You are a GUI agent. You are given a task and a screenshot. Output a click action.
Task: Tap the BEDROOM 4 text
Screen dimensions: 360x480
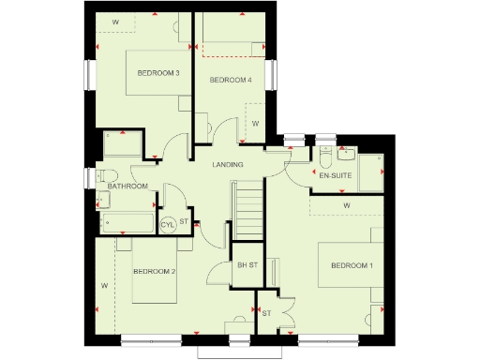(230, 81)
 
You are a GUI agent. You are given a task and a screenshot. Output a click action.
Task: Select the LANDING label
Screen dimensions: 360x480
(228, 165)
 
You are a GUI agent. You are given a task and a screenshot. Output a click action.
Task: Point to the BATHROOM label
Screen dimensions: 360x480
(127, 187)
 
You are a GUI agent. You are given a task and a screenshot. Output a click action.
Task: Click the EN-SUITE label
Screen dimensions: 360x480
(334, 175)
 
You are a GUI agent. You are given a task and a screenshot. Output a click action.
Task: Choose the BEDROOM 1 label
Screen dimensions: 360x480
(352, 267)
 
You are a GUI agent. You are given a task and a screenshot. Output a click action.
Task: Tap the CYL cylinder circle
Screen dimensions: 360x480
(168, 224)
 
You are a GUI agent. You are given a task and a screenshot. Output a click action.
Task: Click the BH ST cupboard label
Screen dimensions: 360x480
(247, 265)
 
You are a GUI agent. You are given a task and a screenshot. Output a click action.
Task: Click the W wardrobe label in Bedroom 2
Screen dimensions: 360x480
(105, 284)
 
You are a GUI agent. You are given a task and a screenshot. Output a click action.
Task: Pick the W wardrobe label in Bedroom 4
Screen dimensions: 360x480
(254, 123)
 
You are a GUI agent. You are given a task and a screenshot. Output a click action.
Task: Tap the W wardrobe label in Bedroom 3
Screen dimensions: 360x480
(116, 20)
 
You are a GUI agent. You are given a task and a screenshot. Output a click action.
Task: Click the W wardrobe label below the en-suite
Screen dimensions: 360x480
(345, 204)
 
